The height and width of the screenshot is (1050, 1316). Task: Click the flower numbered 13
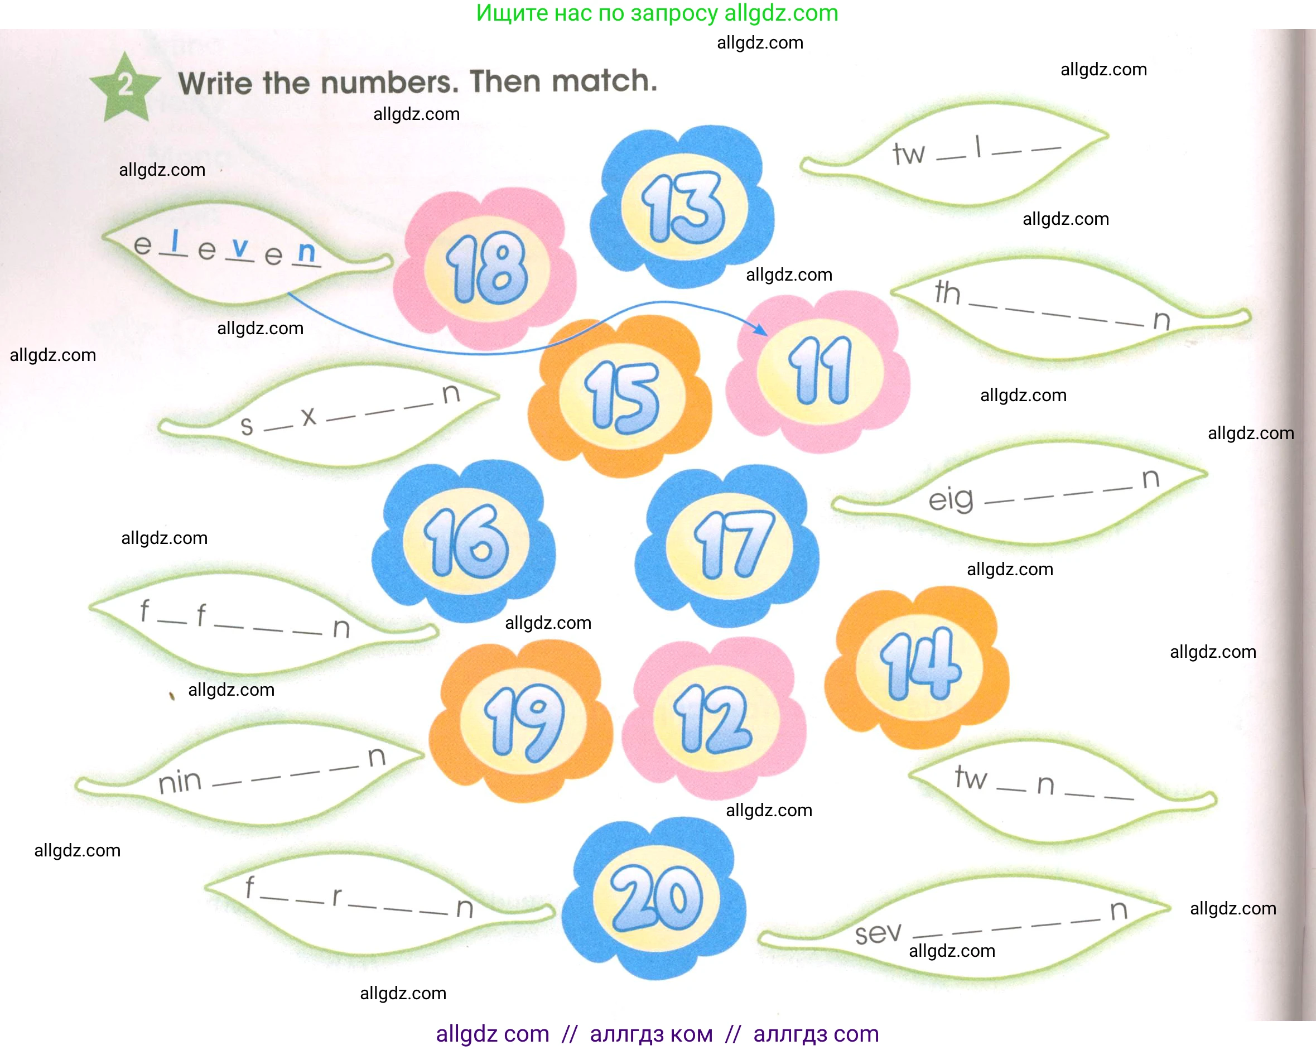(683, 207)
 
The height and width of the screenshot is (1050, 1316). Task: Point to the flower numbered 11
(819, 370)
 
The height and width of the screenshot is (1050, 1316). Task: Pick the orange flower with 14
(919, 666)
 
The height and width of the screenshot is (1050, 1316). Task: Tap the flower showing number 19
(523, 721)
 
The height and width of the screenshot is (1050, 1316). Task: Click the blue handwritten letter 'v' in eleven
(240, 247)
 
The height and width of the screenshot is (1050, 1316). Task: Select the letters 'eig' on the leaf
(951, 500)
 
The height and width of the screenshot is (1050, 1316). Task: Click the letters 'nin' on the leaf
(180, 782)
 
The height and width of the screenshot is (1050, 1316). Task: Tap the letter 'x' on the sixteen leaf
(309, 416)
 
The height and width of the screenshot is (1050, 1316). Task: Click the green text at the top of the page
(657, 13)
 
